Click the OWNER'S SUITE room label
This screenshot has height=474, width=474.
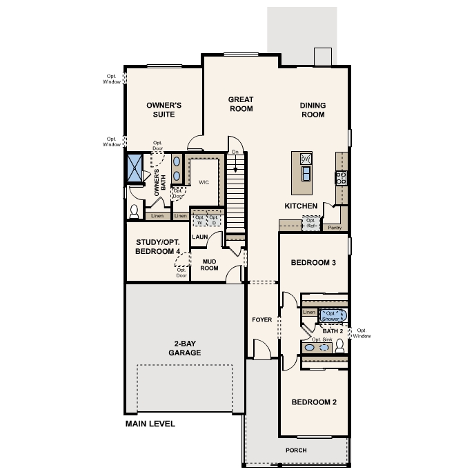tap(164, 110)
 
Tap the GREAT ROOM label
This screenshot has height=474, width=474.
tap(241, 104)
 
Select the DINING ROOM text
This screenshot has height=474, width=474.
tap(313, 110)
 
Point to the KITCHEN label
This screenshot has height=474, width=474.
tap(302, 206)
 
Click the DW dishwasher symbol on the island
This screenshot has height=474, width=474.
tap(306, 159)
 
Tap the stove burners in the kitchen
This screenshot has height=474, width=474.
tap(340, 177)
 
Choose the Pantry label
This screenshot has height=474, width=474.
tap(335, 227)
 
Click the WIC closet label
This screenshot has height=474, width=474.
tap(204, 183)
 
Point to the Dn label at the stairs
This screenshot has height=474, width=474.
tap(235, 152)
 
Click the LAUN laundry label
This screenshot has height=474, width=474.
tap(200, 237)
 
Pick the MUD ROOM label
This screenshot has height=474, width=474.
tap(209, 265)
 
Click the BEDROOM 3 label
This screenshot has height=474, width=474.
tap(313, 263)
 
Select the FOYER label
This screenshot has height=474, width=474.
tap(262, 320)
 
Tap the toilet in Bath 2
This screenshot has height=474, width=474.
tap(339, 348)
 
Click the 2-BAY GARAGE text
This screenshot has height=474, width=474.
tap(184, 348)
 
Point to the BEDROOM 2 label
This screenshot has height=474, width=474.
tap(313, 402)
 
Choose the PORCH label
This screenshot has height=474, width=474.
tap(296, 451)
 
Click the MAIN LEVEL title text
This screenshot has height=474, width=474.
tap(150, 424)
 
